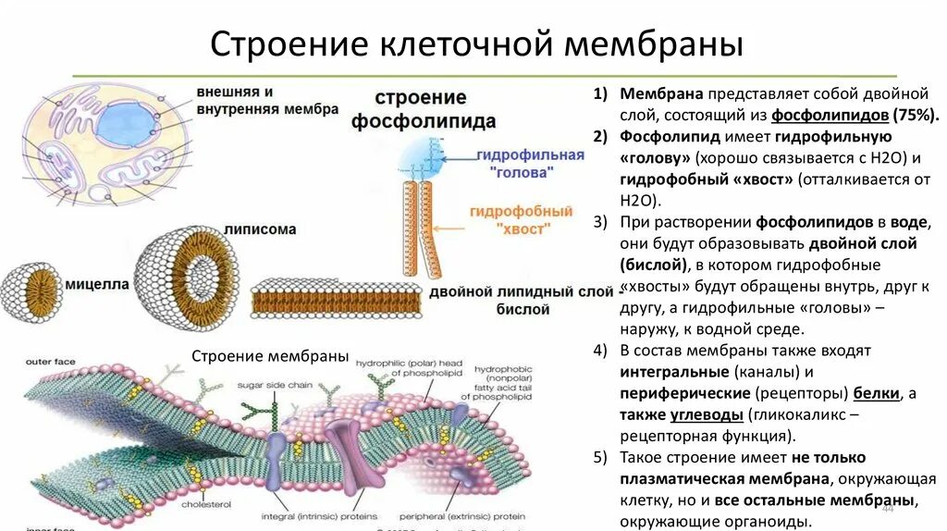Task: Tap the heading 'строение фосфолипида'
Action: click(423, 109)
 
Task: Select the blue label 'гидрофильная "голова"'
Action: click(531, 163)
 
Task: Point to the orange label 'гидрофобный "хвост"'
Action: click(510, 218)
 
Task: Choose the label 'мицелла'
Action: click(96, 284)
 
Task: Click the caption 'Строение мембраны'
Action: click(269, 356)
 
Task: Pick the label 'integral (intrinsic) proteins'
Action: click(320, 516)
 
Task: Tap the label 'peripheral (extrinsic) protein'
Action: click(461, 516)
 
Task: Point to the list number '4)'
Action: click(601, 351)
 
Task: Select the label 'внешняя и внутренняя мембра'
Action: click(266, 100)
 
